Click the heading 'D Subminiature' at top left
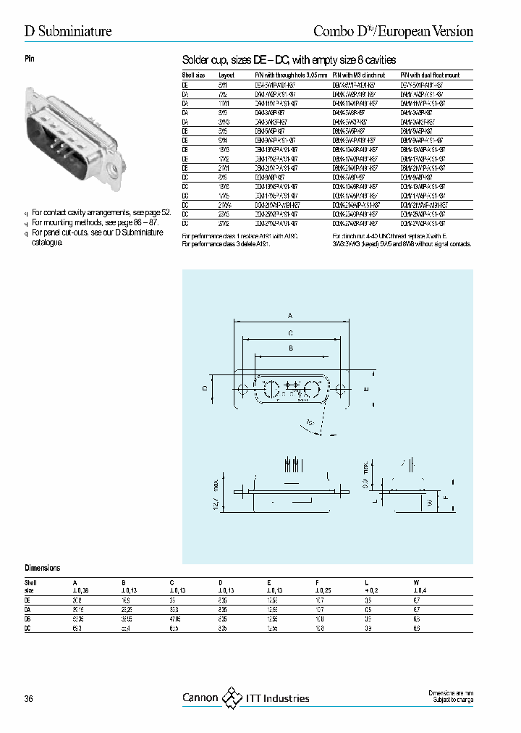click(x=68, y=31)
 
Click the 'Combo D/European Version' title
click(x=393, y=31)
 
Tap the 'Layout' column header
click(x=226, y=75)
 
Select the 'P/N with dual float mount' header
click(x=430, y=75)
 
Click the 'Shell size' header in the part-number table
click(x=194, y=75)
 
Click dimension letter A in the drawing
click(x=290, y=316)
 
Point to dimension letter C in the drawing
click(x=290, y=332)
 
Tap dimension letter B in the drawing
click(x=290, y=348)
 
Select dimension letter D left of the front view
click(x=205, y=388)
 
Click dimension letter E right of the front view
click(x=366, y=389)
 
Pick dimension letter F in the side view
click(x=444, y=498)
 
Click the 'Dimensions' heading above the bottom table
click(x=43, y=569)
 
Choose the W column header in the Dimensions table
click(x=415, y=582)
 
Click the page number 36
click(x=29, y=698)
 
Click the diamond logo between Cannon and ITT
click(x=231, y=697)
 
